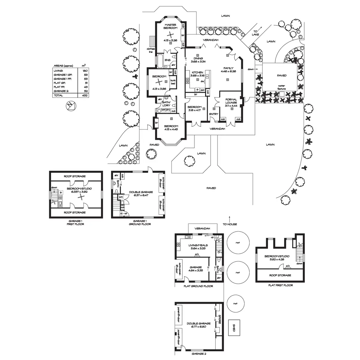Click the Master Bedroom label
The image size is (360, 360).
click(169, 26)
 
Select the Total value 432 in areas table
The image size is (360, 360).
click(85, 95)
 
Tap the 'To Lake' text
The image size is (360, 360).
click(255, 33)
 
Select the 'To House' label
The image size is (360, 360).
click(230, 224)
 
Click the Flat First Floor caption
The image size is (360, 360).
click(280, 285)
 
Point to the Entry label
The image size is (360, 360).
click(214, 114)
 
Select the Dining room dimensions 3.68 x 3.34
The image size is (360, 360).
click(198, 62)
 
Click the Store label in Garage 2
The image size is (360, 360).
click(220, 319)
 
